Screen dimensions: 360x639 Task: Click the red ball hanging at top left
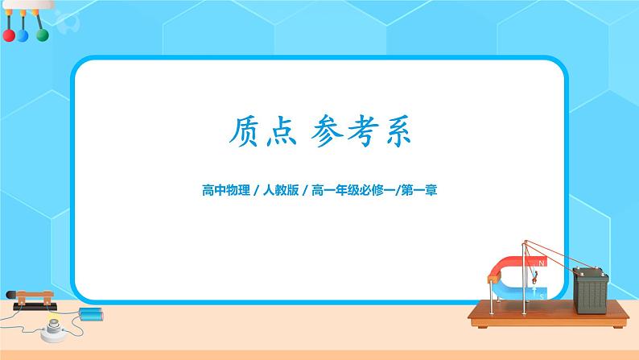click(9, 35)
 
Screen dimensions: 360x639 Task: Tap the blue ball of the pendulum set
click(23, 35)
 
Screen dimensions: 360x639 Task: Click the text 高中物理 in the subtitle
click(223, 192)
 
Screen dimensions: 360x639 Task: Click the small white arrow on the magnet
click(534, 282)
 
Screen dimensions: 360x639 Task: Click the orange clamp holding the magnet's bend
click(493, 278)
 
